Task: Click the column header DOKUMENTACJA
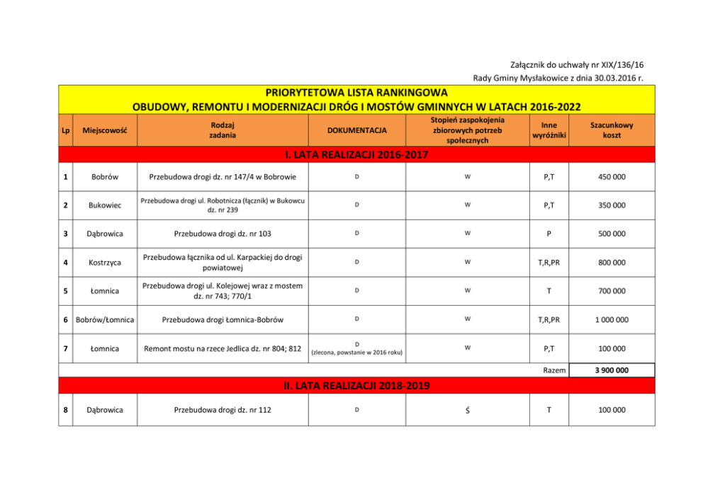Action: point(356,131)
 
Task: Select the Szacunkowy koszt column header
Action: point(612,130)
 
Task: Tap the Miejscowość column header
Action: point(101,131)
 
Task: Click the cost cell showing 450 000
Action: point(612,177)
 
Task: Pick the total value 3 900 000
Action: point(612,370)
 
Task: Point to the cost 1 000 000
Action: point(612,319)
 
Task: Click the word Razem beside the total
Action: point(554,370)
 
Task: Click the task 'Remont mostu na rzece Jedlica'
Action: point(223,348)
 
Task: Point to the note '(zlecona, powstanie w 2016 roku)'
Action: point(356,353)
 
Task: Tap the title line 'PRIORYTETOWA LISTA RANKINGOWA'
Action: point(356,93)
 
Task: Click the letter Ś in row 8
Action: point(466,410)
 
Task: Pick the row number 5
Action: point(65,291)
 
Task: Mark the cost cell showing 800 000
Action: point(612,263)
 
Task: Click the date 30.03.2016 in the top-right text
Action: point(613,77)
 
